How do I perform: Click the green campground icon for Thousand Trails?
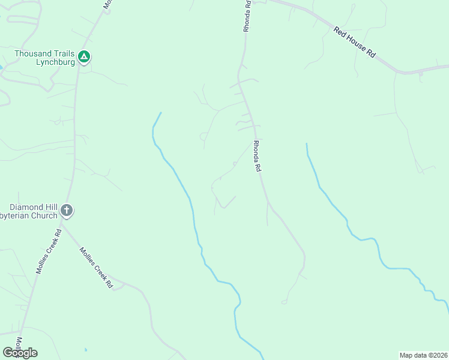coord(85,57)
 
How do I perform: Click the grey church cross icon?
coord(67,211)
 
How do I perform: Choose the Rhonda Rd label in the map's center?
coord(257,157)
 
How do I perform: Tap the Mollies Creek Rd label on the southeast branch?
coord(96,268)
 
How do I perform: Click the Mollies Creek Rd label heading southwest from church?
coord(49,251)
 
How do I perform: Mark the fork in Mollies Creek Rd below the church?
coord(64,227)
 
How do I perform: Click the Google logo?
coord(20,353)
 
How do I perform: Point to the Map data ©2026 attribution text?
coord(423,355)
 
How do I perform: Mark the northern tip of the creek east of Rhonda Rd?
coord(307,144)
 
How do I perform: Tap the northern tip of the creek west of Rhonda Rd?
coord(161,113)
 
